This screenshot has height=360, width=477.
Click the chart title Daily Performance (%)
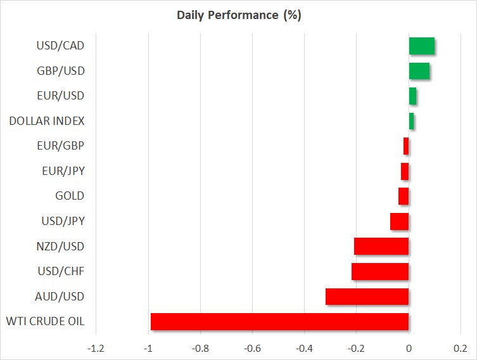239,15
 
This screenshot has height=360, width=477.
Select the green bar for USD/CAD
422,46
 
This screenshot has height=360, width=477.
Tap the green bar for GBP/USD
419,71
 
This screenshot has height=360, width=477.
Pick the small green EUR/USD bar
412,96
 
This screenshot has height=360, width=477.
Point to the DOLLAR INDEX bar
411,121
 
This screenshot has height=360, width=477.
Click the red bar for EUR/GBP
406,146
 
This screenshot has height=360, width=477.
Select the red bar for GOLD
404,196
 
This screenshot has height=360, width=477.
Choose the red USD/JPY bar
400,221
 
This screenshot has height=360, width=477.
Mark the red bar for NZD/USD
381,247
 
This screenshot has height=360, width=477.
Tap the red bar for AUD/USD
367,297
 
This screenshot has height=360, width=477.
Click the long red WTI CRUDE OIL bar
280,322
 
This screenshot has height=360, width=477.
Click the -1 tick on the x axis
148,348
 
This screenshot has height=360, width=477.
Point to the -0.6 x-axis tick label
252,348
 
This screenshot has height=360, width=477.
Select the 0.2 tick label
461,348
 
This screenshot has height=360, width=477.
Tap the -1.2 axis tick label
96,348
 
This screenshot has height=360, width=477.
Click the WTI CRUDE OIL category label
46,321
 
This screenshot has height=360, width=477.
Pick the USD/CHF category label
61,271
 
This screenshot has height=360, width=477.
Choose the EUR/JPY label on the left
63,171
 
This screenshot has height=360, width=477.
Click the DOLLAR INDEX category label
47,121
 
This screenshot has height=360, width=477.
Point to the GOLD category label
70,196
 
